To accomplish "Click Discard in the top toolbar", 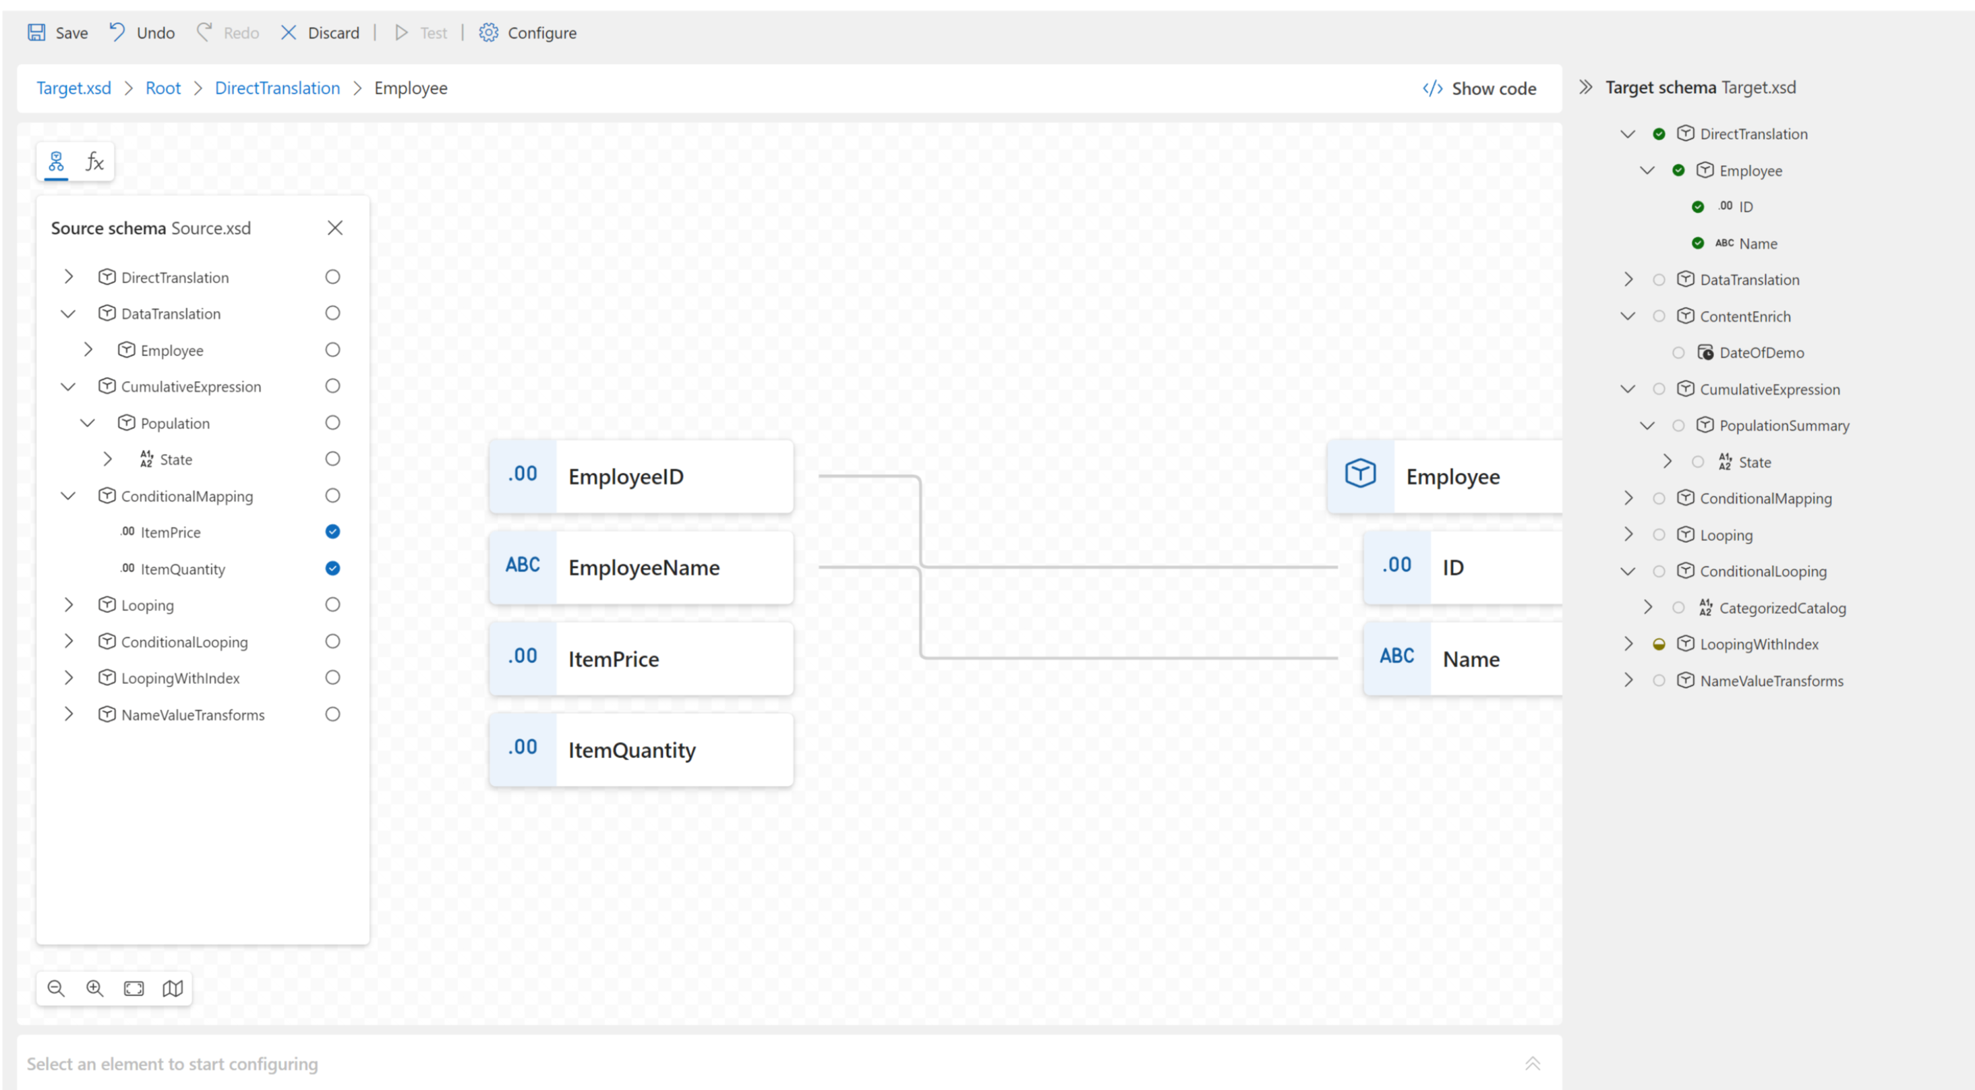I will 320,33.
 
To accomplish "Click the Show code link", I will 1479,89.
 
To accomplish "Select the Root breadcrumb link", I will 163,88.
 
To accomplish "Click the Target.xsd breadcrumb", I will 73,88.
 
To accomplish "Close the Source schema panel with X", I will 335,228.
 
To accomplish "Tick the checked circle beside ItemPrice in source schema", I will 332,532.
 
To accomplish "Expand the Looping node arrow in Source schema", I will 69,605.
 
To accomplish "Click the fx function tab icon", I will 94,162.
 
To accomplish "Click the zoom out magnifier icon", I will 56,988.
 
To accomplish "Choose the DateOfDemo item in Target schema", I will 1761,353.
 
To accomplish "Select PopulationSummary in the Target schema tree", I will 1784,426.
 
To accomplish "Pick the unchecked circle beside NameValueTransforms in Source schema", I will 332,714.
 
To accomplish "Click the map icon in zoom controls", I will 173,988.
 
